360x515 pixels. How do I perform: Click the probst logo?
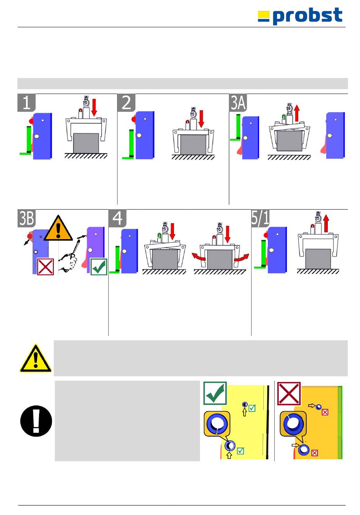pos(300,16)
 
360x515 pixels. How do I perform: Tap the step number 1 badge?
pos(27,103)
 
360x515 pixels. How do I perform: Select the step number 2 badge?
pos(126,103)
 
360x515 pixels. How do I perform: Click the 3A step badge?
pos(238,103)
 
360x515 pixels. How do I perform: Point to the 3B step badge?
pos(27,218)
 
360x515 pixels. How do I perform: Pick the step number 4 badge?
pos(117,218)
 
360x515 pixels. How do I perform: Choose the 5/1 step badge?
pos(260,218)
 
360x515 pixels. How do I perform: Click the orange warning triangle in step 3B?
pos(58,228)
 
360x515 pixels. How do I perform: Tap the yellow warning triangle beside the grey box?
pos(36,358)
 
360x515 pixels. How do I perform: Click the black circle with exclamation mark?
pos(36,421)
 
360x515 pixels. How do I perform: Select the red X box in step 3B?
pos(45,267)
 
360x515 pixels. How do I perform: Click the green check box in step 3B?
pos(99,267)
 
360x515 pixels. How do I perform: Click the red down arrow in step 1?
pos(94,108)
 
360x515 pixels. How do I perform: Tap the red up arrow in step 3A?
pos(297,113)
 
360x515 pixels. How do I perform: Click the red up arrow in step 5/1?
pos(326,223)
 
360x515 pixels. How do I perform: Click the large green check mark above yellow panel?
pos(215,393)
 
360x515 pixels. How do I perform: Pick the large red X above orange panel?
pos(289,394)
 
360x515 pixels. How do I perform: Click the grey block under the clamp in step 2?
pos(193,145)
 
